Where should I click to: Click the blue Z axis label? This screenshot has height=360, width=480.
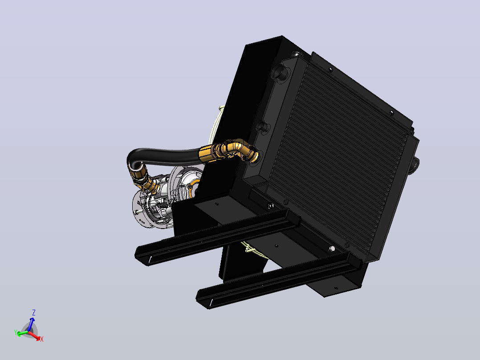pyautogui.click(x=34, y=312)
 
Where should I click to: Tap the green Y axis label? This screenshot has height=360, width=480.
pyautogui.click(x=16, y=332)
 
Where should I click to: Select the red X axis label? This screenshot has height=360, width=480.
pyautogui.click(x=42, y=339)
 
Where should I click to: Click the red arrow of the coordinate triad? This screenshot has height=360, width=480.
pyautogui.click(x=34, y=336)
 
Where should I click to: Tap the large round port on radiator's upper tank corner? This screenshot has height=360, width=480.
pyautogui.click(x=280, y=72)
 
